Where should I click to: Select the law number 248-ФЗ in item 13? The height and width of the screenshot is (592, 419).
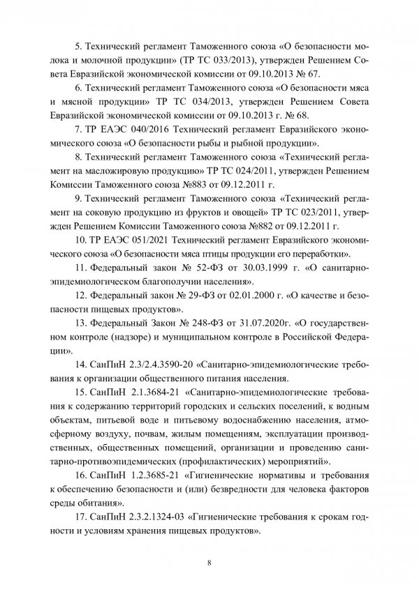point(189,323)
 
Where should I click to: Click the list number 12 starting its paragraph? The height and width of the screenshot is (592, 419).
point(79,296)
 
